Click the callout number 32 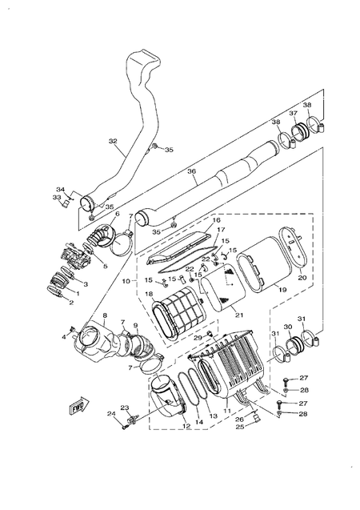coord(113,142)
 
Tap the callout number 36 coord(190,170)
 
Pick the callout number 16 coord(215,219)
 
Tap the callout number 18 coord(149,295)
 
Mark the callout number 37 coord(294,114)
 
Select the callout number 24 coord(111,413)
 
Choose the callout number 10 coord(126,281)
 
